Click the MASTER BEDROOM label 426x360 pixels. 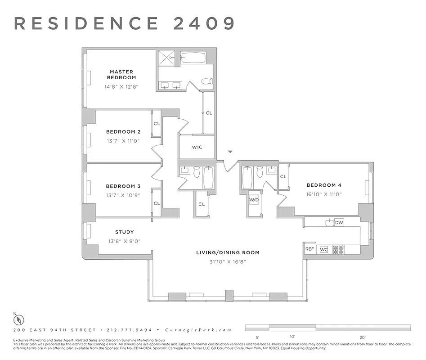click(121, 74)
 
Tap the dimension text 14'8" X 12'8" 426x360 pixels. click(121, 86)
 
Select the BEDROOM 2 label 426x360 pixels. click(123, 132)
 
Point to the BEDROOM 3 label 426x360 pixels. click(123, 186)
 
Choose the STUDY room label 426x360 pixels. click(125, 232)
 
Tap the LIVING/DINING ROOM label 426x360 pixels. click(228, 252)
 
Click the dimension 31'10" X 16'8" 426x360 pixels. click(228, 261)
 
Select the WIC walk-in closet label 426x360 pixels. click(197, 147)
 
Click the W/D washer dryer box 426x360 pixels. click(254, 199)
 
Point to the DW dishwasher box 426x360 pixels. click(339, 222)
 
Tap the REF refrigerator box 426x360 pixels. click(310, 249)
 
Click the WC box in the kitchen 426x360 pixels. click(323, 249)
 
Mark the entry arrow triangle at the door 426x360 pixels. click(230, 153)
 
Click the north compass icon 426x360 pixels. click(19, 320)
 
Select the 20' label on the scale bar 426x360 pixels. click(363, 337)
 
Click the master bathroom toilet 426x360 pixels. click(207, 82)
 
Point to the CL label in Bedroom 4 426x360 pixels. click(283, 176)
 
